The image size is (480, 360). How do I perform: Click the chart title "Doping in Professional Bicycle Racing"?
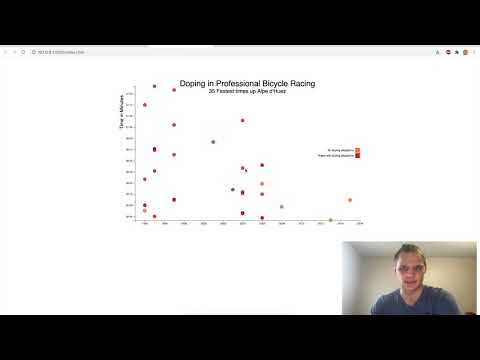[247, 84]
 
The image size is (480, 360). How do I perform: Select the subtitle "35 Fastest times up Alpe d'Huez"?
[247, 91]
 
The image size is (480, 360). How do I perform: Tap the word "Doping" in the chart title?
[194, 84]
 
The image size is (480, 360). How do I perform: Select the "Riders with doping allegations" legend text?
[335, 156]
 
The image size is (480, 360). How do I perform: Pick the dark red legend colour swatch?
[357, 156]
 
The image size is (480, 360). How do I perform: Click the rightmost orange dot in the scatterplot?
[350, 200]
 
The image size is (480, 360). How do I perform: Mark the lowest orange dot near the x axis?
[331, 220]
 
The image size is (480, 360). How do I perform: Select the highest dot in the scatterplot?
[154, 86]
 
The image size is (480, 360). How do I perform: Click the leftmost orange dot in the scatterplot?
[144, 211]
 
